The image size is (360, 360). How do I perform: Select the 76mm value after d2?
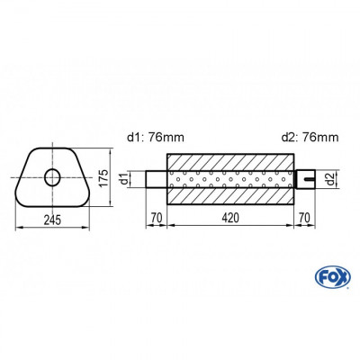pos(320,137)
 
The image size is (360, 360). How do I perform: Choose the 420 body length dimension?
pos(231,218)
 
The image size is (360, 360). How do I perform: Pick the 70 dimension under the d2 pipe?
pos(307,218)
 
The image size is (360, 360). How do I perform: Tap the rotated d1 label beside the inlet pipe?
pos(136,178)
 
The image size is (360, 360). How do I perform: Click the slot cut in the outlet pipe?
pos(309,178)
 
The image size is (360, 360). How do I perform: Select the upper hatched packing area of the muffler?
pos(231,159)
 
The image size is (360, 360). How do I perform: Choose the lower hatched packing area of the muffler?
pos(231,197)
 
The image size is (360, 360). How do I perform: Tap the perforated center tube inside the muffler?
pos(231,178)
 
